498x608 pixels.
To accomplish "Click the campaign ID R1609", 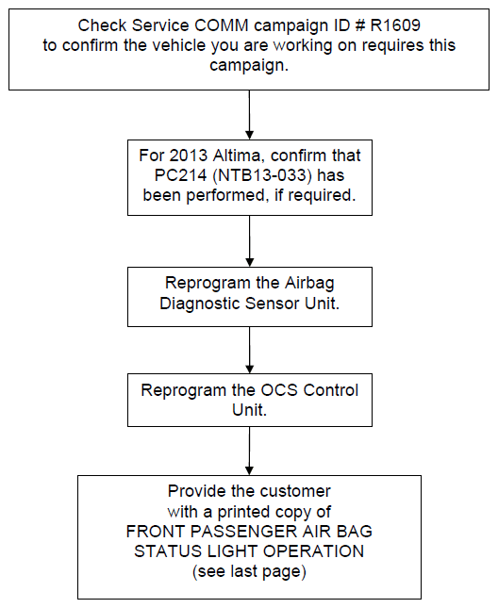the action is point(395,25).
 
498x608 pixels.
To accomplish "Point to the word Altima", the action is point(237,156).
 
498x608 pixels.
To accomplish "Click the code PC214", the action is point(180,175).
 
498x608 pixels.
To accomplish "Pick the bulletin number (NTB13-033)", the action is point(262,175).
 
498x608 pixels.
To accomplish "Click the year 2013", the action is point(189,156).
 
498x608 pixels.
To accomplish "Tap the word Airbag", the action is point(309,283).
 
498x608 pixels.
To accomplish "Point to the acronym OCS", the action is point(279,390).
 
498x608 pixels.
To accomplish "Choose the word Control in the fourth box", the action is point(331,390).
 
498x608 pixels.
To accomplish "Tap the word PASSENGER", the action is point(243,532).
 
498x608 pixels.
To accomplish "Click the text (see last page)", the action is point(249,571).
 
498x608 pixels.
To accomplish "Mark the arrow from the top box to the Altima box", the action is point(249,115).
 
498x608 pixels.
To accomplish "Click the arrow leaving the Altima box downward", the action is point(249,241).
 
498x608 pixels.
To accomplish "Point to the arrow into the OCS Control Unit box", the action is point(249,350).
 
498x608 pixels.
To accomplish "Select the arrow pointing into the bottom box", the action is point(249,451).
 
